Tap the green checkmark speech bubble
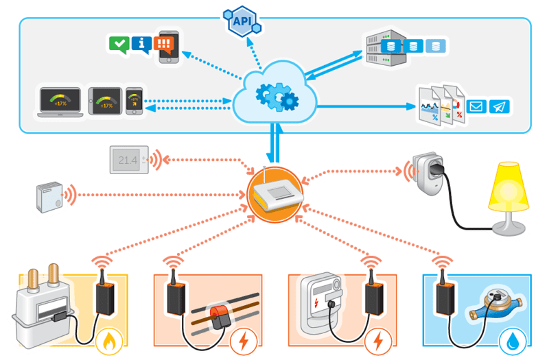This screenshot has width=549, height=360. pos(119,45)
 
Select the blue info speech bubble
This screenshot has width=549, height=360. pos(141,45)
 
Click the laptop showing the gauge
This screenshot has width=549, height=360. pos(61,102)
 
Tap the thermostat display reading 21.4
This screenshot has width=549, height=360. pos(129,160)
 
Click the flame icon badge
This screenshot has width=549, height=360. pos(110,340)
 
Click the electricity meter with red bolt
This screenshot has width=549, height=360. pos(323,302)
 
